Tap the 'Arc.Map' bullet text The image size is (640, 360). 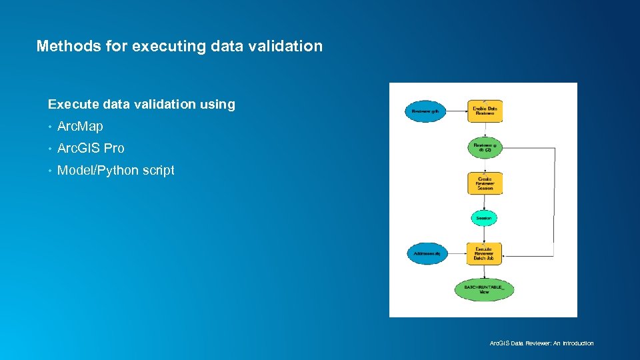[80, 126]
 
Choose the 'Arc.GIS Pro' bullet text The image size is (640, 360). [91, 148]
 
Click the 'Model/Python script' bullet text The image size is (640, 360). [116, 170]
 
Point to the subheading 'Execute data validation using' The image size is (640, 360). [141, 104]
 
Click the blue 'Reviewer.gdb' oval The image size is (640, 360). [424, 111]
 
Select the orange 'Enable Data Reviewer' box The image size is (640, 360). [485, 111]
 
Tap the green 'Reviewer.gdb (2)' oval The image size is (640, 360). [485, 147]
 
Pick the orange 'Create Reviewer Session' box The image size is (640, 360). [485, 183]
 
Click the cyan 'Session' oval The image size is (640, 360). [484, 218]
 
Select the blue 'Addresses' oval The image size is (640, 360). [427, 253]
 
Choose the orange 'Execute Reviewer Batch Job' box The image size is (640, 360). [484, 253]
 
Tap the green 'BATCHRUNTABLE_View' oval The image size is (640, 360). [484, 289]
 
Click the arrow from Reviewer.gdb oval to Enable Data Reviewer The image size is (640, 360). [455, 111]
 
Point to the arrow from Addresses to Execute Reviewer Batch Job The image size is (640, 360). [457, 253]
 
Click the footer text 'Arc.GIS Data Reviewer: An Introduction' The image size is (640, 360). [541, 343]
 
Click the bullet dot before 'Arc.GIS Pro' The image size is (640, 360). [50, 149]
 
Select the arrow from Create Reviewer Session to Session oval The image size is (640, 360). [485, 202]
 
